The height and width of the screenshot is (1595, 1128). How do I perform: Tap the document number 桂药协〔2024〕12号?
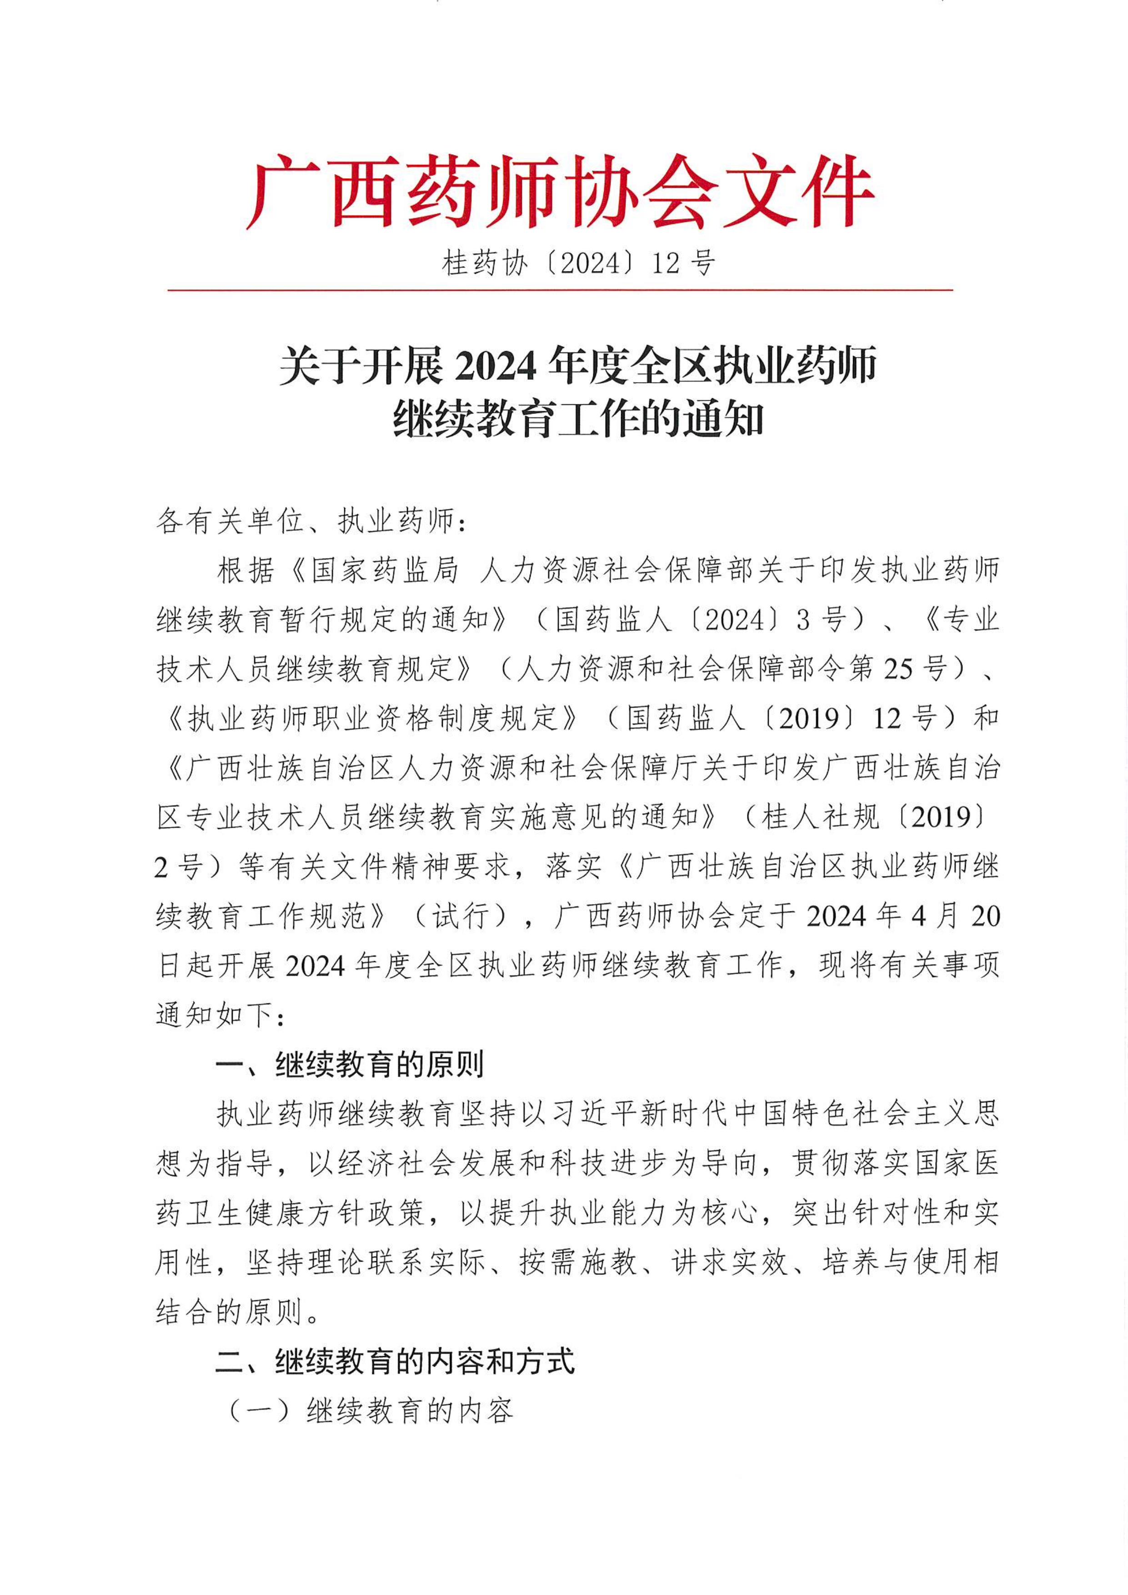[x=578, y=263]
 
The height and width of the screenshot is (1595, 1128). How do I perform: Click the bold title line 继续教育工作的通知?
[x=578, y=419]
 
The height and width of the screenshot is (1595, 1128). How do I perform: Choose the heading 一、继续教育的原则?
[x=349, y=1065]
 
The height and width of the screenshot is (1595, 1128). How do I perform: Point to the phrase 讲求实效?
[x=729, y=1263]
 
